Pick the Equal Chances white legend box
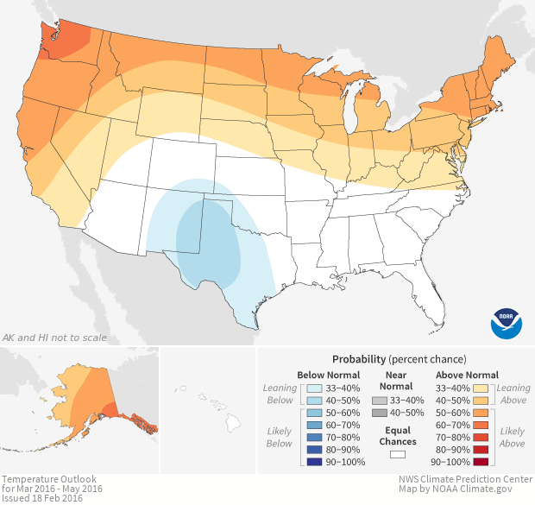click(x=397, y=454)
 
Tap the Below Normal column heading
click(x=329, y=375)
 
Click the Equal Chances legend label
click(x=397, y=435)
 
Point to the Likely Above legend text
click(x=512, y=437)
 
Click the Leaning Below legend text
click(x=280, y=394)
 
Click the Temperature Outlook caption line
click(x=49, y=479)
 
